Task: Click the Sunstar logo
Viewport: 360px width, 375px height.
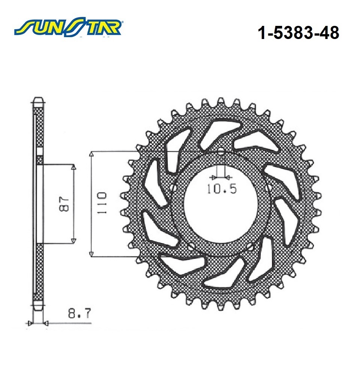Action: click(x=68, y=27)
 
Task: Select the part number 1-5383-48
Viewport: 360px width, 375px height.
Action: click(x=298, y=33)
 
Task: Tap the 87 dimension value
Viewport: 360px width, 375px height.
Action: click(x=64, y=204)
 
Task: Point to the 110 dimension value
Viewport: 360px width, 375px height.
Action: click(x=102, y=203)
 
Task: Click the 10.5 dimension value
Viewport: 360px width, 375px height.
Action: click(x=221, y=189)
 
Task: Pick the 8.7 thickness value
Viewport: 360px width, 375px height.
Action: click(x=79, y=313)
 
